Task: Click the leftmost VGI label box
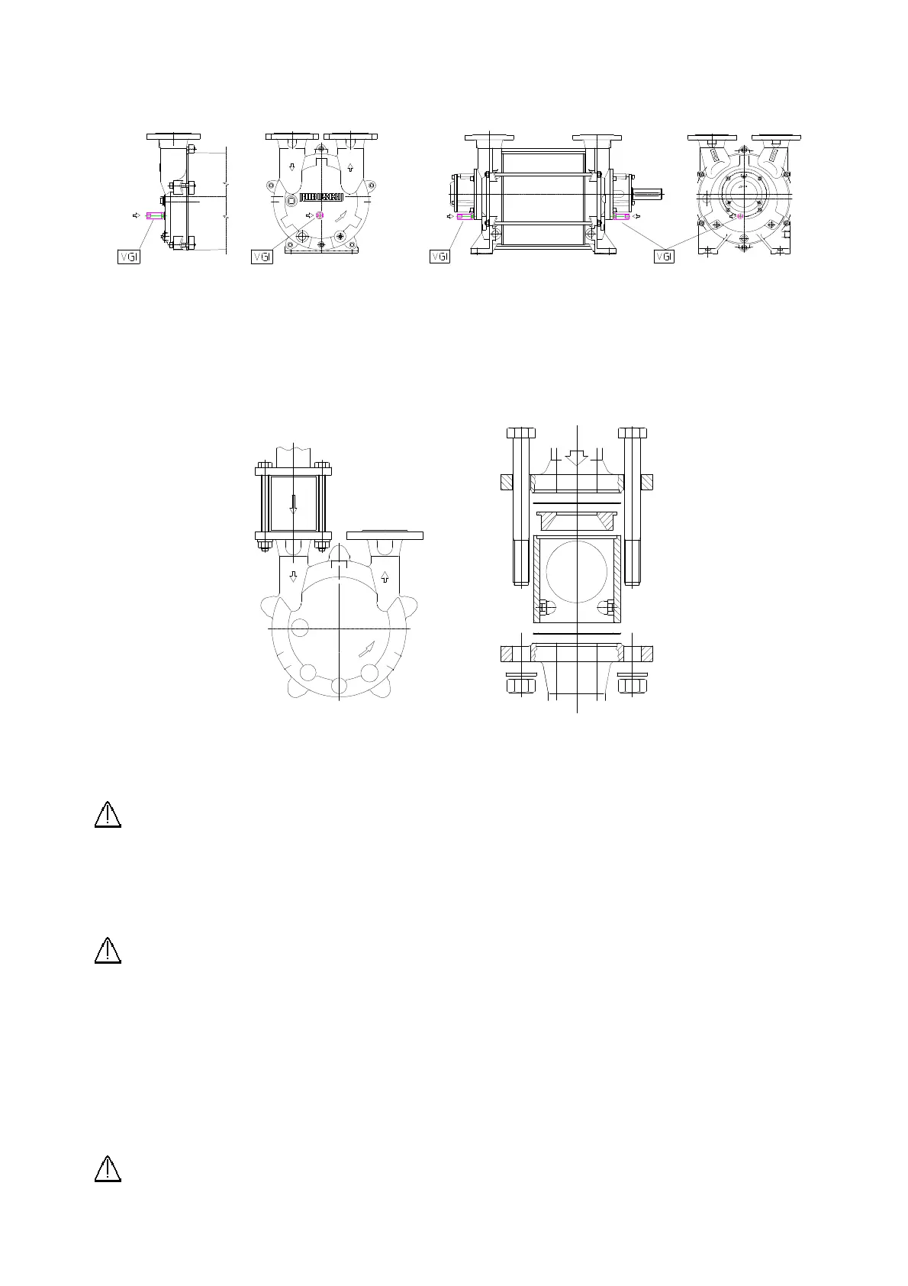tap(129, 257)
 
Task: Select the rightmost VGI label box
tap(665, 257)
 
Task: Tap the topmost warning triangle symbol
tap(108, 815)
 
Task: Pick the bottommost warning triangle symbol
tap(108, 1169)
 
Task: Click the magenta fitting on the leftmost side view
tap(155, 216)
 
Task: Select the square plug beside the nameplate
tap(291, 199)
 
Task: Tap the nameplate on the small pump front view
tap(321, 197)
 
